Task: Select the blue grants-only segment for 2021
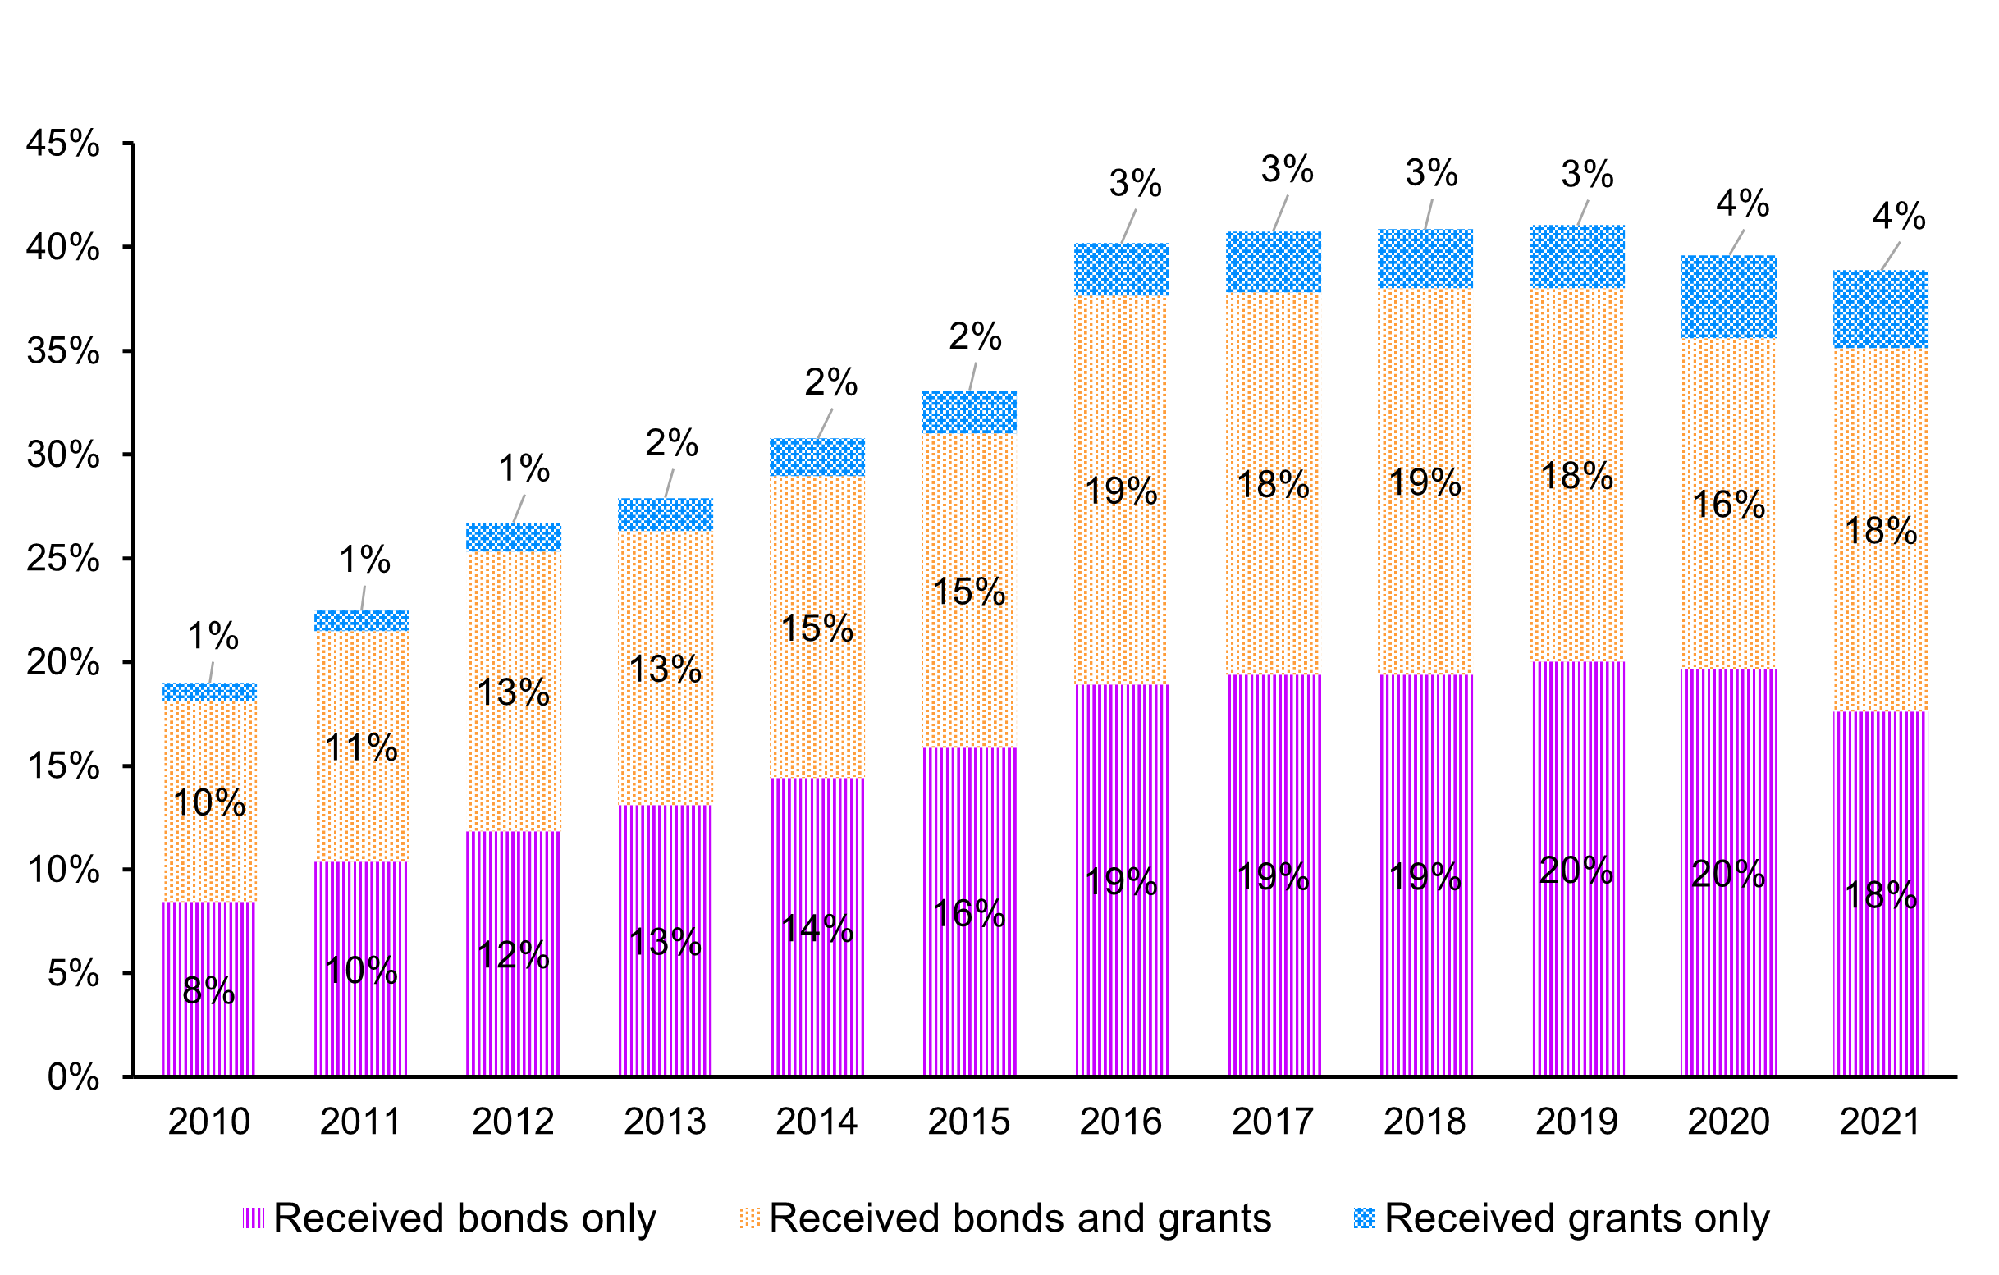point(1880,308)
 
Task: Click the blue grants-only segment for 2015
point(970,412)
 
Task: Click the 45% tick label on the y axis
point(63,144)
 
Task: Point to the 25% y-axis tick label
point(63,559)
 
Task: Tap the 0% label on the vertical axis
point(73,1077)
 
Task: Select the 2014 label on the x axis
point(817,1122)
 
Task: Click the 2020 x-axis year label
point(1728,1122)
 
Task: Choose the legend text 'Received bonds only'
point(465,1218)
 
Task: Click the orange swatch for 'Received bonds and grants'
point(750,1218)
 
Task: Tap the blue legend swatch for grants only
point(1365,1218)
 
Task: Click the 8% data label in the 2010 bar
point(209,990)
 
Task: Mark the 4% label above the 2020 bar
point(1742,203)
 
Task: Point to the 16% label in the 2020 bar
point(1728,505)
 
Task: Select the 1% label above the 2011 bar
point(364,560)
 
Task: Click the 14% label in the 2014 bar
point(817,929)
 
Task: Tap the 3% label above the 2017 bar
point(1287,170)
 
